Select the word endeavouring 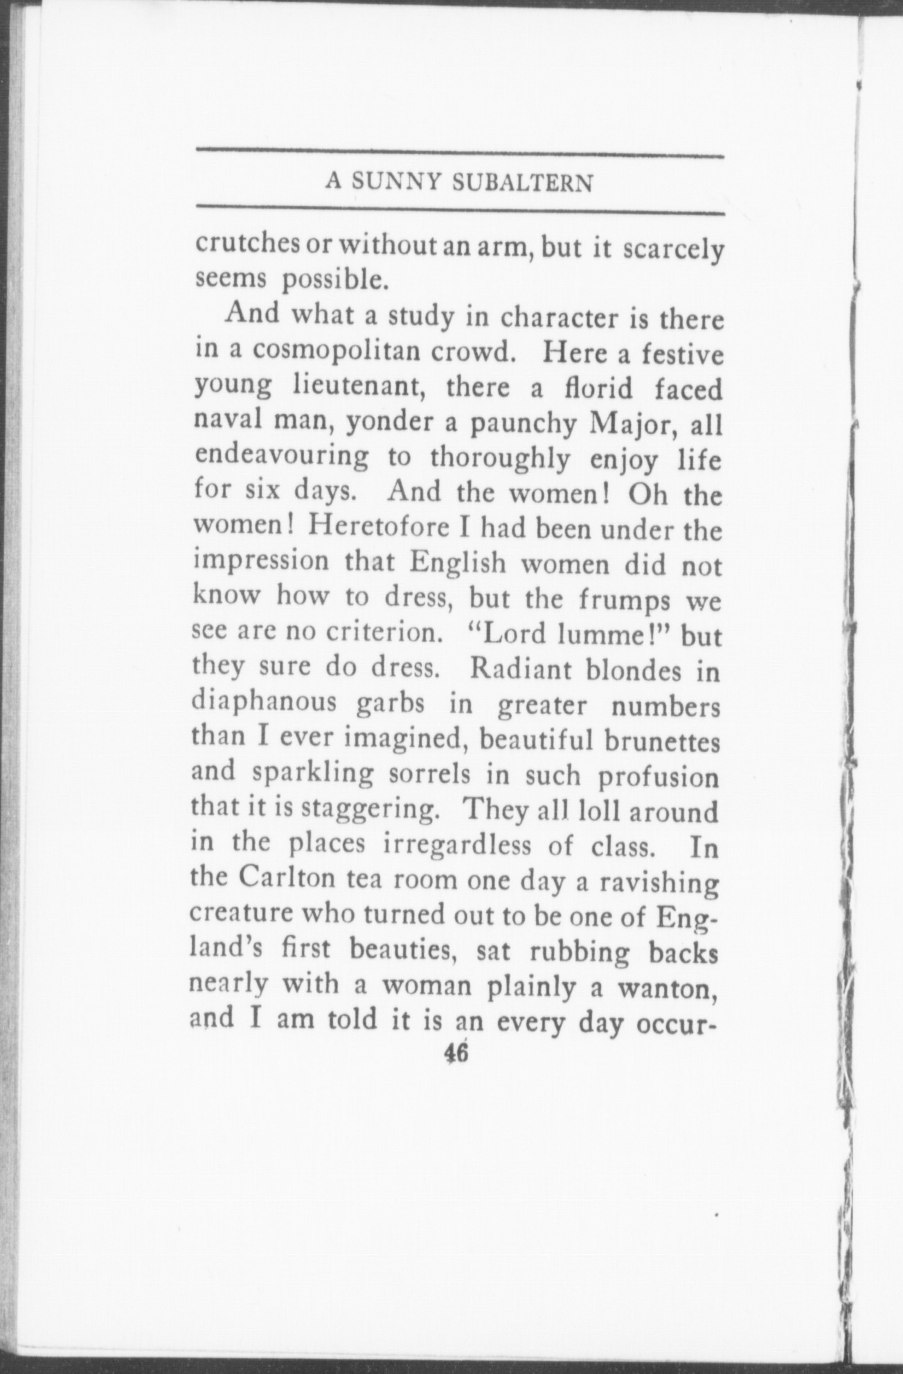282,457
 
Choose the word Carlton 287,882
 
